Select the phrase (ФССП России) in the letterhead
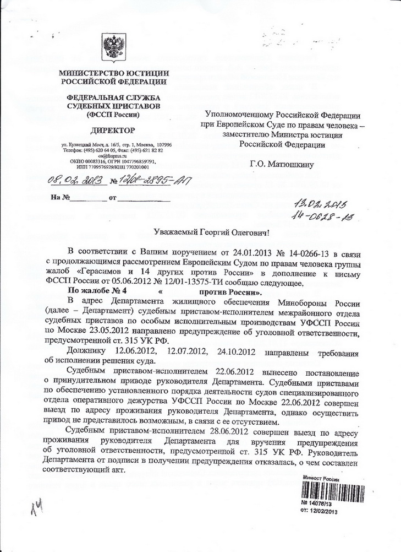tap(113, 114)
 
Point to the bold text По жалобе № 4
tap(97, 290)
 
